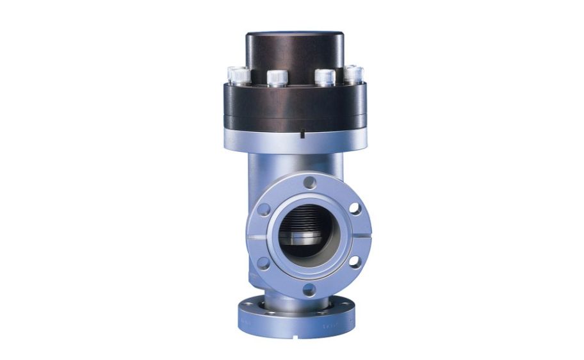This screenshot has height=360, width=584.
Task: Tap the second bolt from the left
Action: point(277,78)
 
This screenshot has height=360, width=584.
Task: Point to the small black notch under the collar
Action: point(300,135)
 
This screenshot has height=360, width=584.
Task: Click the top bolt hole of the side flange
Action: point(309,183)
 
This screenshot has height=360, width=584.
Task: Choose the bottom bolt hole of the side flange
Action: point(309,290)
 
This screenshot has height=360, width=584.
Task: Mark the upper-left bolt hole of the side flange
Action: point(264,209)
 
